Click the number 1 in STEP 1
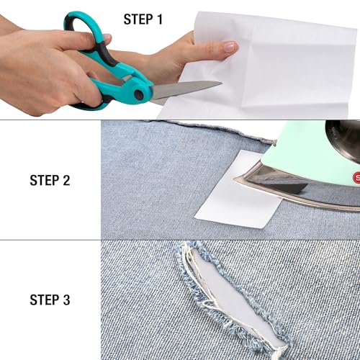point(158,19)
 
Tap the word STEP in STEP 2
point(44,180)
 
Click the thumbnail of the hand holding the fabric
point(230,47)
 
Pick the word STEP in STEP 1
point(138,19)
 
